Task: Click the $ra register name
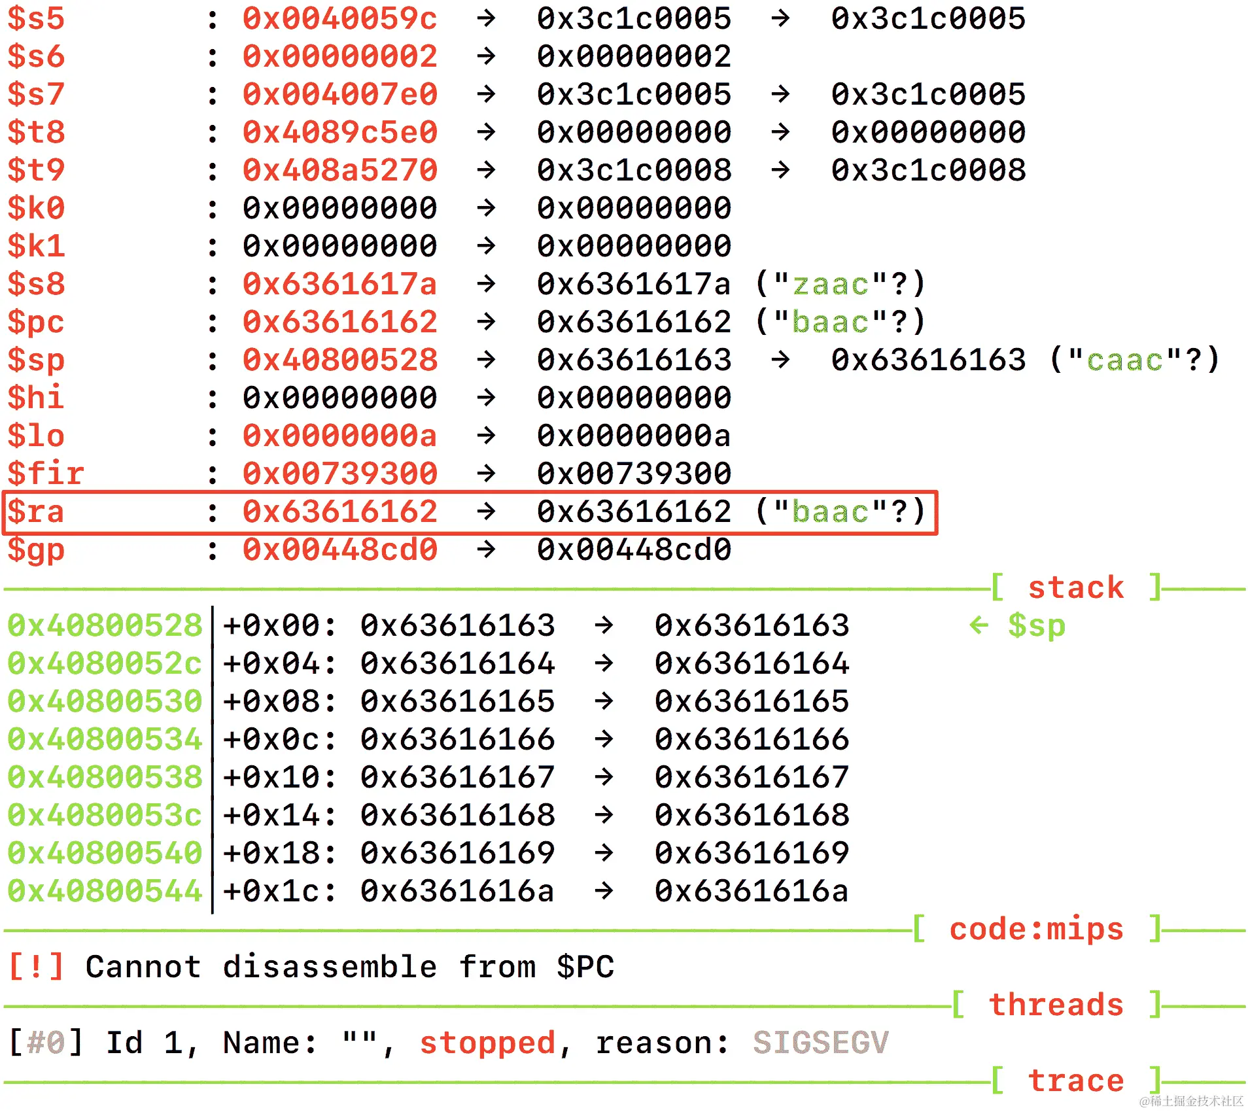click(x=36, y=512)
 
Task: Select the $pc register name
click(x=36, y=322)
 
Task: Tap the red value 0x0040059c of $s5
click(x=339, y=19)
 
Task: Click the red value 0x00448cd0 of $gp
click(x=339, y=550)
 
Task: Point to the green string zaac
click(x=830, y=285)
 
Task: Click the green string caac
click(x=1124, y=360)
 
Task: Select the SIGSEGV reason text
click(x=820, y=1043)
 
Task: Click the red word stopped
click(x=487, y=1043)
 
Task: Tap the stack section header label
click(x=1076, y=588)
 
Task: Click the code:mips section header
click(x=1036, y=930)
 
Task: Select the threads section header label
click(x=1056, y=1005)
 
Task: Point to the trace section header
click(x=1076, y=1081)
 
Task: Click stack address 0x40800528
click(x=105, y=626)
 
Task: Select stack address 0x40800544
click(x=105, y=892)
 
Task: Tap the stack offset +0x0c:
click(x=280, y=740)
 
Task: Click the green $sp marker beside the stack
click(x=1036, y=626)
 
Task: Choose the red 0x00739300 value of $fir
click(x=339, y=474)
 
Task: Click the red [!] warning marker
click(x=37, y=967)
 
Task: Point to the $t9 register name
click(x=36, y=171)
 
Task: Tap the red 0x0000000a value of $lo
click(x=339, y=436)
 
